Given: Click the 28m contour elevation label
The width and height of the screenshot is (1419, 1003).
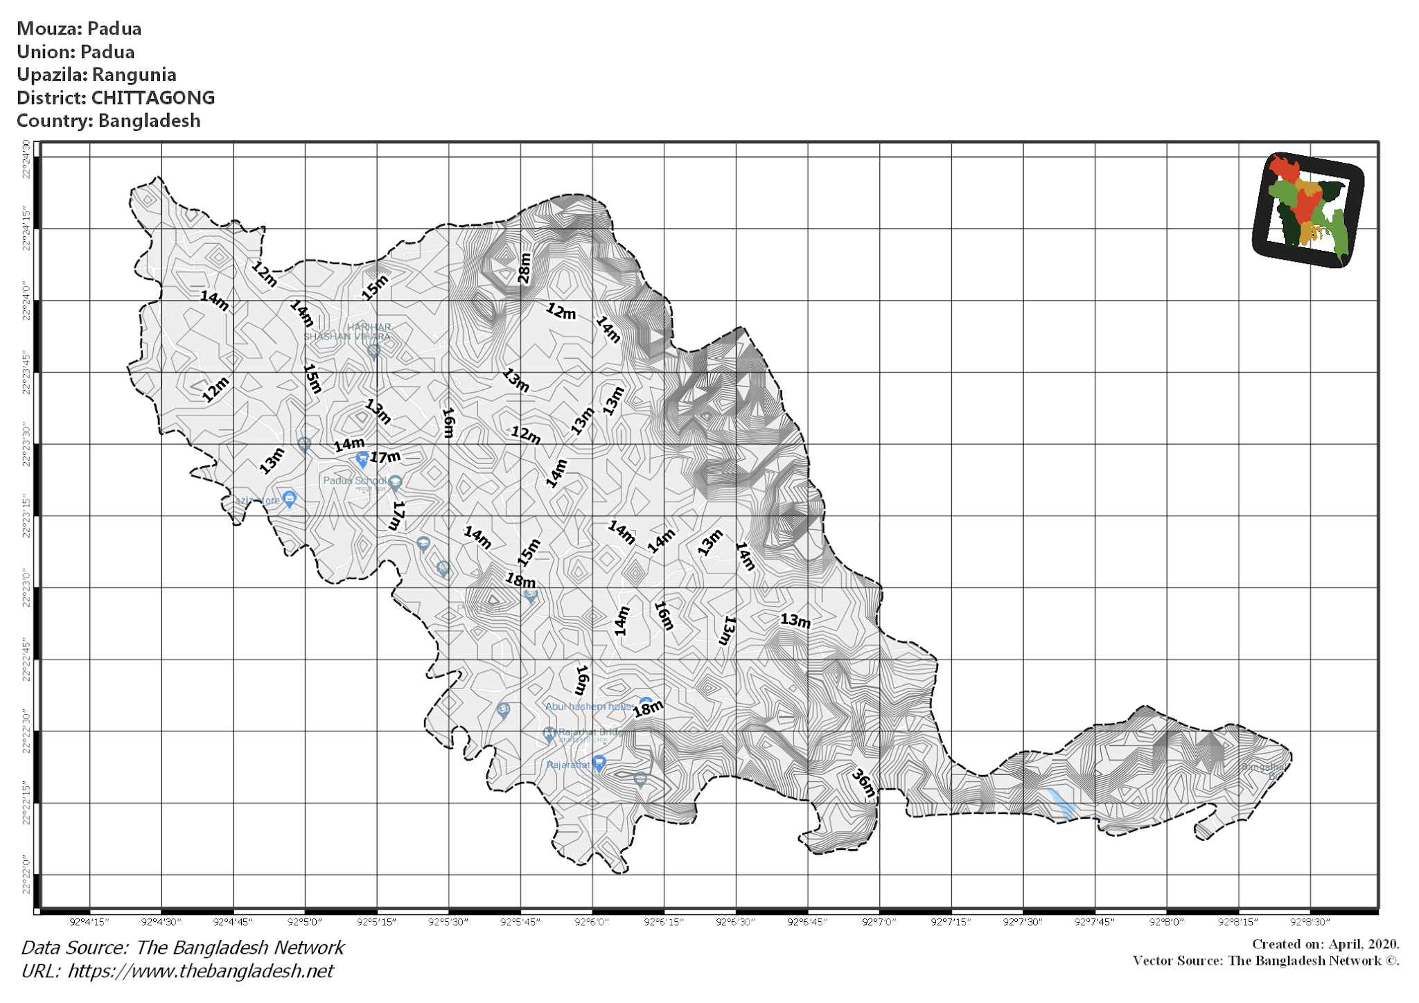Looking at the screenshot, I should pyautogui.click(x=525, y=269).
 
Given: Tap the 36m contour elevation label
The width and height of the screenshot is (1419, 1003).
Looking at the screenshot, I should pyautogui.click(x=863, y=783).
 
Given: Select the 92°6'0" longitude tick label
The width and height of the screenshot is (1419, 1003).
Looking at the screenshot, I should pyautogui.click(x=592, y=922).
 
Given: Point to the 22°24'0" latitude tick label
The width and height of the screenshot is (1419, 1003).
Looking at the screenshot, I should pyautogui.click(x=26, y=301).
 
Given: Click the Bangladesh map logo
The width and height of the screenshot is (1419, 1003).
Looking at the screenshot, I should pyautogui.click(x=1308, y=210).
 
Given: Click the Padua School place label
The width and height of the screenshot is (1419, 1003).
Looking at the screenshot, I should pyautogui.click(x=354, y=481).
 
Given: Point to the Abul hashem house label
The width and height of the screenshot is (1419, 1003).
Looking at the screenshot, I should pyautogui.click(x=588, y=707).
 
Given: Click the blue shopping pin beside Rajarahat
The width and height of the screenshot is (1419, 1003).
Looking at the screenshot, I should pyautogui.click(x=599, y=763).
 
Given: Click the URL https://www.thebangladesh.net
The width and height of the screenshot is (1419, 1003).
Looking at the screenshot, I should pyautogui.click(x=200, y=971).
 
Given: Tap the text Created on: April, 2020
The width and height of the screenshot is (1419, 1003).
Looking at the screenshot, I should pyautogui.click(x=1325, y=944).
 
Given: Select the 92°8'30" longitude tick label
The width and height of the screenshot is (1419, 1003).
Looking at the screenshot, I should pyautogui.click(x=1310, y=922).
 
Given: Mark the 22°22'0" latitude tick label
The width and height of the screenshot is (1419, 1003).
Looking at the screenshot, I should pyautogui.click(x=26, y=874).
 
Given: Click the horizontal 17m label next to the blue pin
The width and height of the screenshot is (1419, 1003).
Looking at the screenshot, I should pyautogui.click(x=385, y=457).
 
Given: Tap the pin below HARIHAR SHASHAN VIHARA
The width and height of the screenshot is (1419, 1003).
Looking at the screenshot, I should pyautogui.click(x=373, y=351).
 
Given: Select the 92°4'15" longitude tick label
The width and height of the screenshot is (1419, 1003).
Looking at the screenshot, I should pyautogui.click(x=89, y=922).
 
